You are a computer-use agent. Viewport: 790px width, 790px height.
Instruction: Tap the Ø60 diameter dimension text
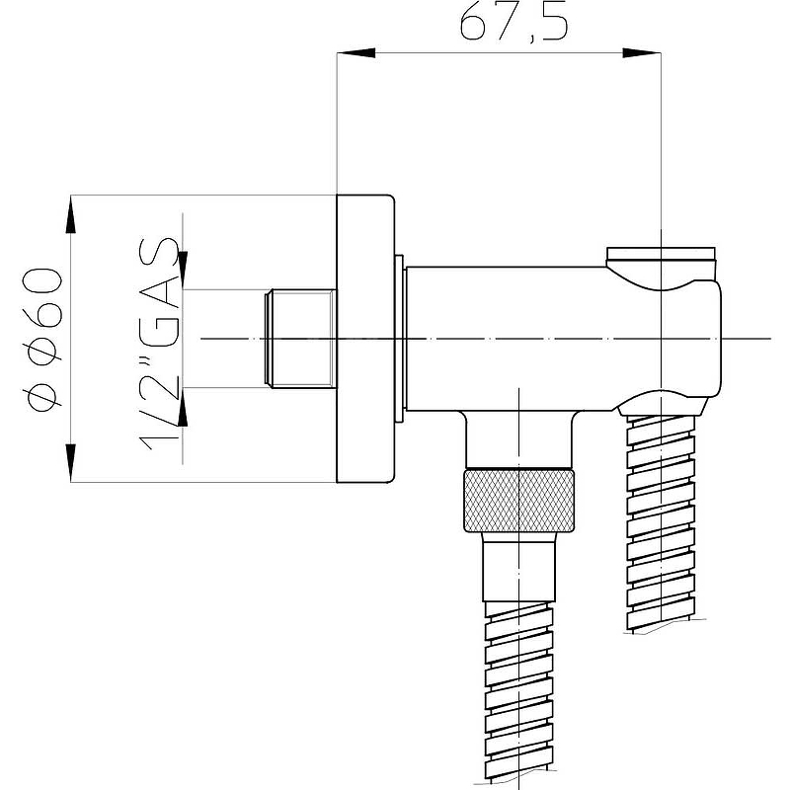[43, 340]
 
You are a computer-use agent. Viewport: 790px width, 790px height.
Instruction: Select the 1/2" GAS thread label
[158, 343]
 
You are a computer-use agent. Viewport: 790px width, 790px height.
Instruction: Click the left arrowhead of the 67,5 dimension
[355, 53]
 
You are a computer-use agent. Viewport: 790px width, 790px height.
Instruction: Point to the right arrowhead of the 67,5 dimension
[641, 53]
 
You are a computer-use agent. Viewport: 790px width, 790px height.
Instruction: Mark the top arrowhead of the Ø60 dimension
[70, 214]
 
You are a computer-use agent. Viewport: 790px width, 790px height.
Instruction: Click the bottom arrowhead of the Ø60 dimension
[70, 463]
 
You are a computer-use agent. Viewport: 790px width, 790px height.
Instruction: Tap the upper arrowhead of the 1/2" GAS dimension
[183, 271]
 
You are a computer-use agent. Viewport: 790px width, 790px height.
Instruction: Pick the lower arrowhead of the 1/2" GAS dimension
[183, 407]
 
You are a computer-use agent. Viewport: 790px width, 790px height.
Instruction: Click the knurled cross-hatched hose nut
[519, 501]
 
